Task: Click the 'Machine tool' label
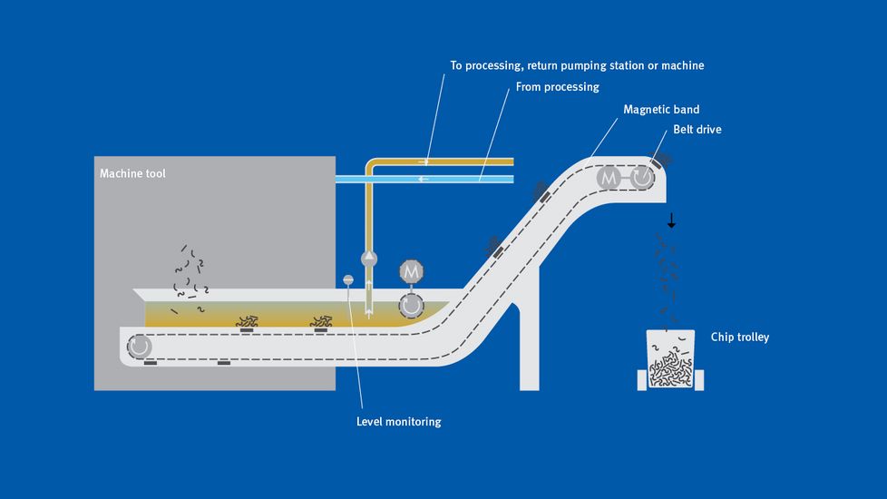132,173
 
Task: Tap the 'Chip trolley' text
740,338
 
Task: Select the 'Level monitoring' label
398,421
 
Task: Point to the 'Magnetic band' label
661,110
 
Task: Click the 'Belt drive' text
697,130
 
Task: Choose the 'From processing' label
557,87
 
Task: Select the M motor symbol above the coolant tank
412,271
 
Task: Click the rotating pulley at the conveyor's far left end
141,347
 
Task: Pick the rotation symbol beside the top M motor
642,179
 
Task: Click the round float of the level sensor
347,279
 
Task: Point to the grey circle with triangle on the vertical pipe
368,259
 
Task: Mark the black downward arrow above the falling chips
671,220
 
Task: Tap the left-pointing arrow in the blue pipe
423,180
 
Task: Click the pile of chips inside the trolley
670,368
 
